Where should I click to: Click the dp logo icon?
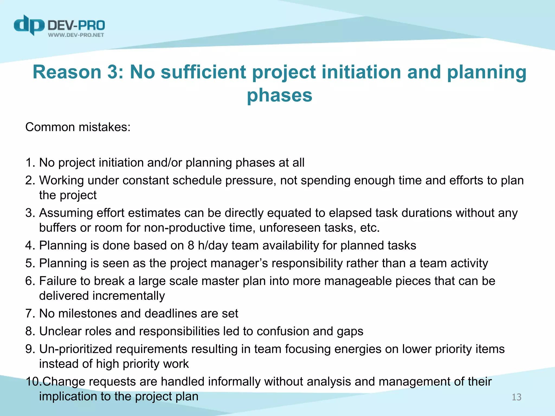tap(29, 25)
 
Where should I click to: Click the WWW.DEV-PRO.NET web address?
tap(76, 35)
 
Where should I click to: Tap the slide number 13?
tap(516, 397)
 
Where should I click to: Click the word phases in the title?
tap(279, 95)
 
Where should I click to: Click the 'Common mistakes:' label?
tap(78, 127)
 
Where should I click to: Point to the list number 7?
tap(30, 314)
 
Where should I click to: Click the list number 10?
tap(33, 382)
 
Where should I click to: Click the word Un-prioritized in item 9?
tap(75, 349)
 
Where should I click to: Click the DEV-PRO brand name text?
tap(76, 26)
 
